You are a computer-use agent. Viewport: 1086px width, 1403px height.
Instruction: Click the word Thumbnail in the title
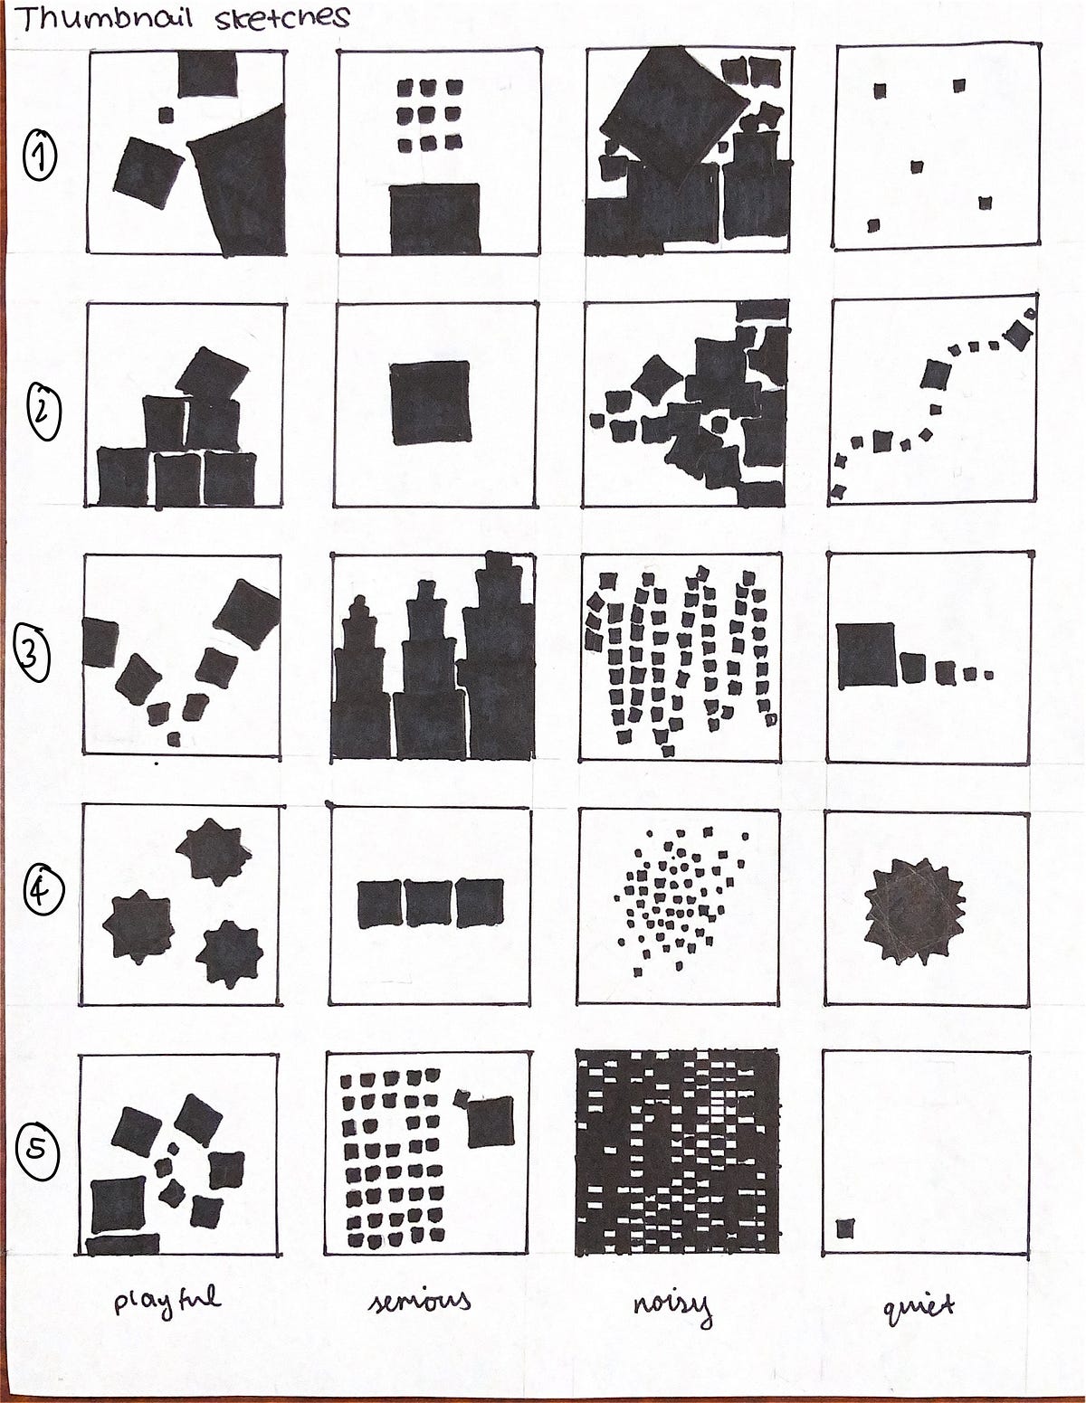click(104, 19)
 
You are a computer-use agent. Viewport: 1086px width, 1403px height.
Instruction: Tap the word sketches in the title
click(282, 18)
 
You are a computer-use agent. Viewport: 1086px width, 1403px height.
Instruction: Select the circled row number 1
click(40, 155)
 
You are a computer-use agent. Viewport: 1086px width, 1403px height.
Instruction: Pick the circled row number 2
click(43, 412)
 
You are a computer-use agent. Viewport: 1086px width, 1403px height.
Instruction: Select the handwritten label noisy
click(672, 1307)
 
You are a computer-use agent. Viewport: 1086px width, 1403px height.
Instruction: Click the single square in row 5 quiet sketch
click(844, 1228)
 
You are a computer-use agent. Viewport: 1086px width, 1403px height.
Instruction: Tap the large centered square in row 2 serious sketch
click(431, 403)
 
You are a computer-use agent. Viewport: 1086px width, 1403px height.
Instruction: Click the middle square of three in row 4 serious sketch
click(429, 904)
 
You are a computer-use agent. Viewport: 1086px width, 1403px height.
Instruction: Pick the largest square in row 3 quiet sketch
click(866, 655)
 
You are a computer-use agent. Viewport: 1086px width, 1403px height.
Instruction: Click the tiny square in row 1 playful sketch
click(166, 115)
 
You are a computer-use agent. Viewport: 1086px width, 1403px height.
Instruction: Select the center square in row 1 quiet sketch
click(917, 167)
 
